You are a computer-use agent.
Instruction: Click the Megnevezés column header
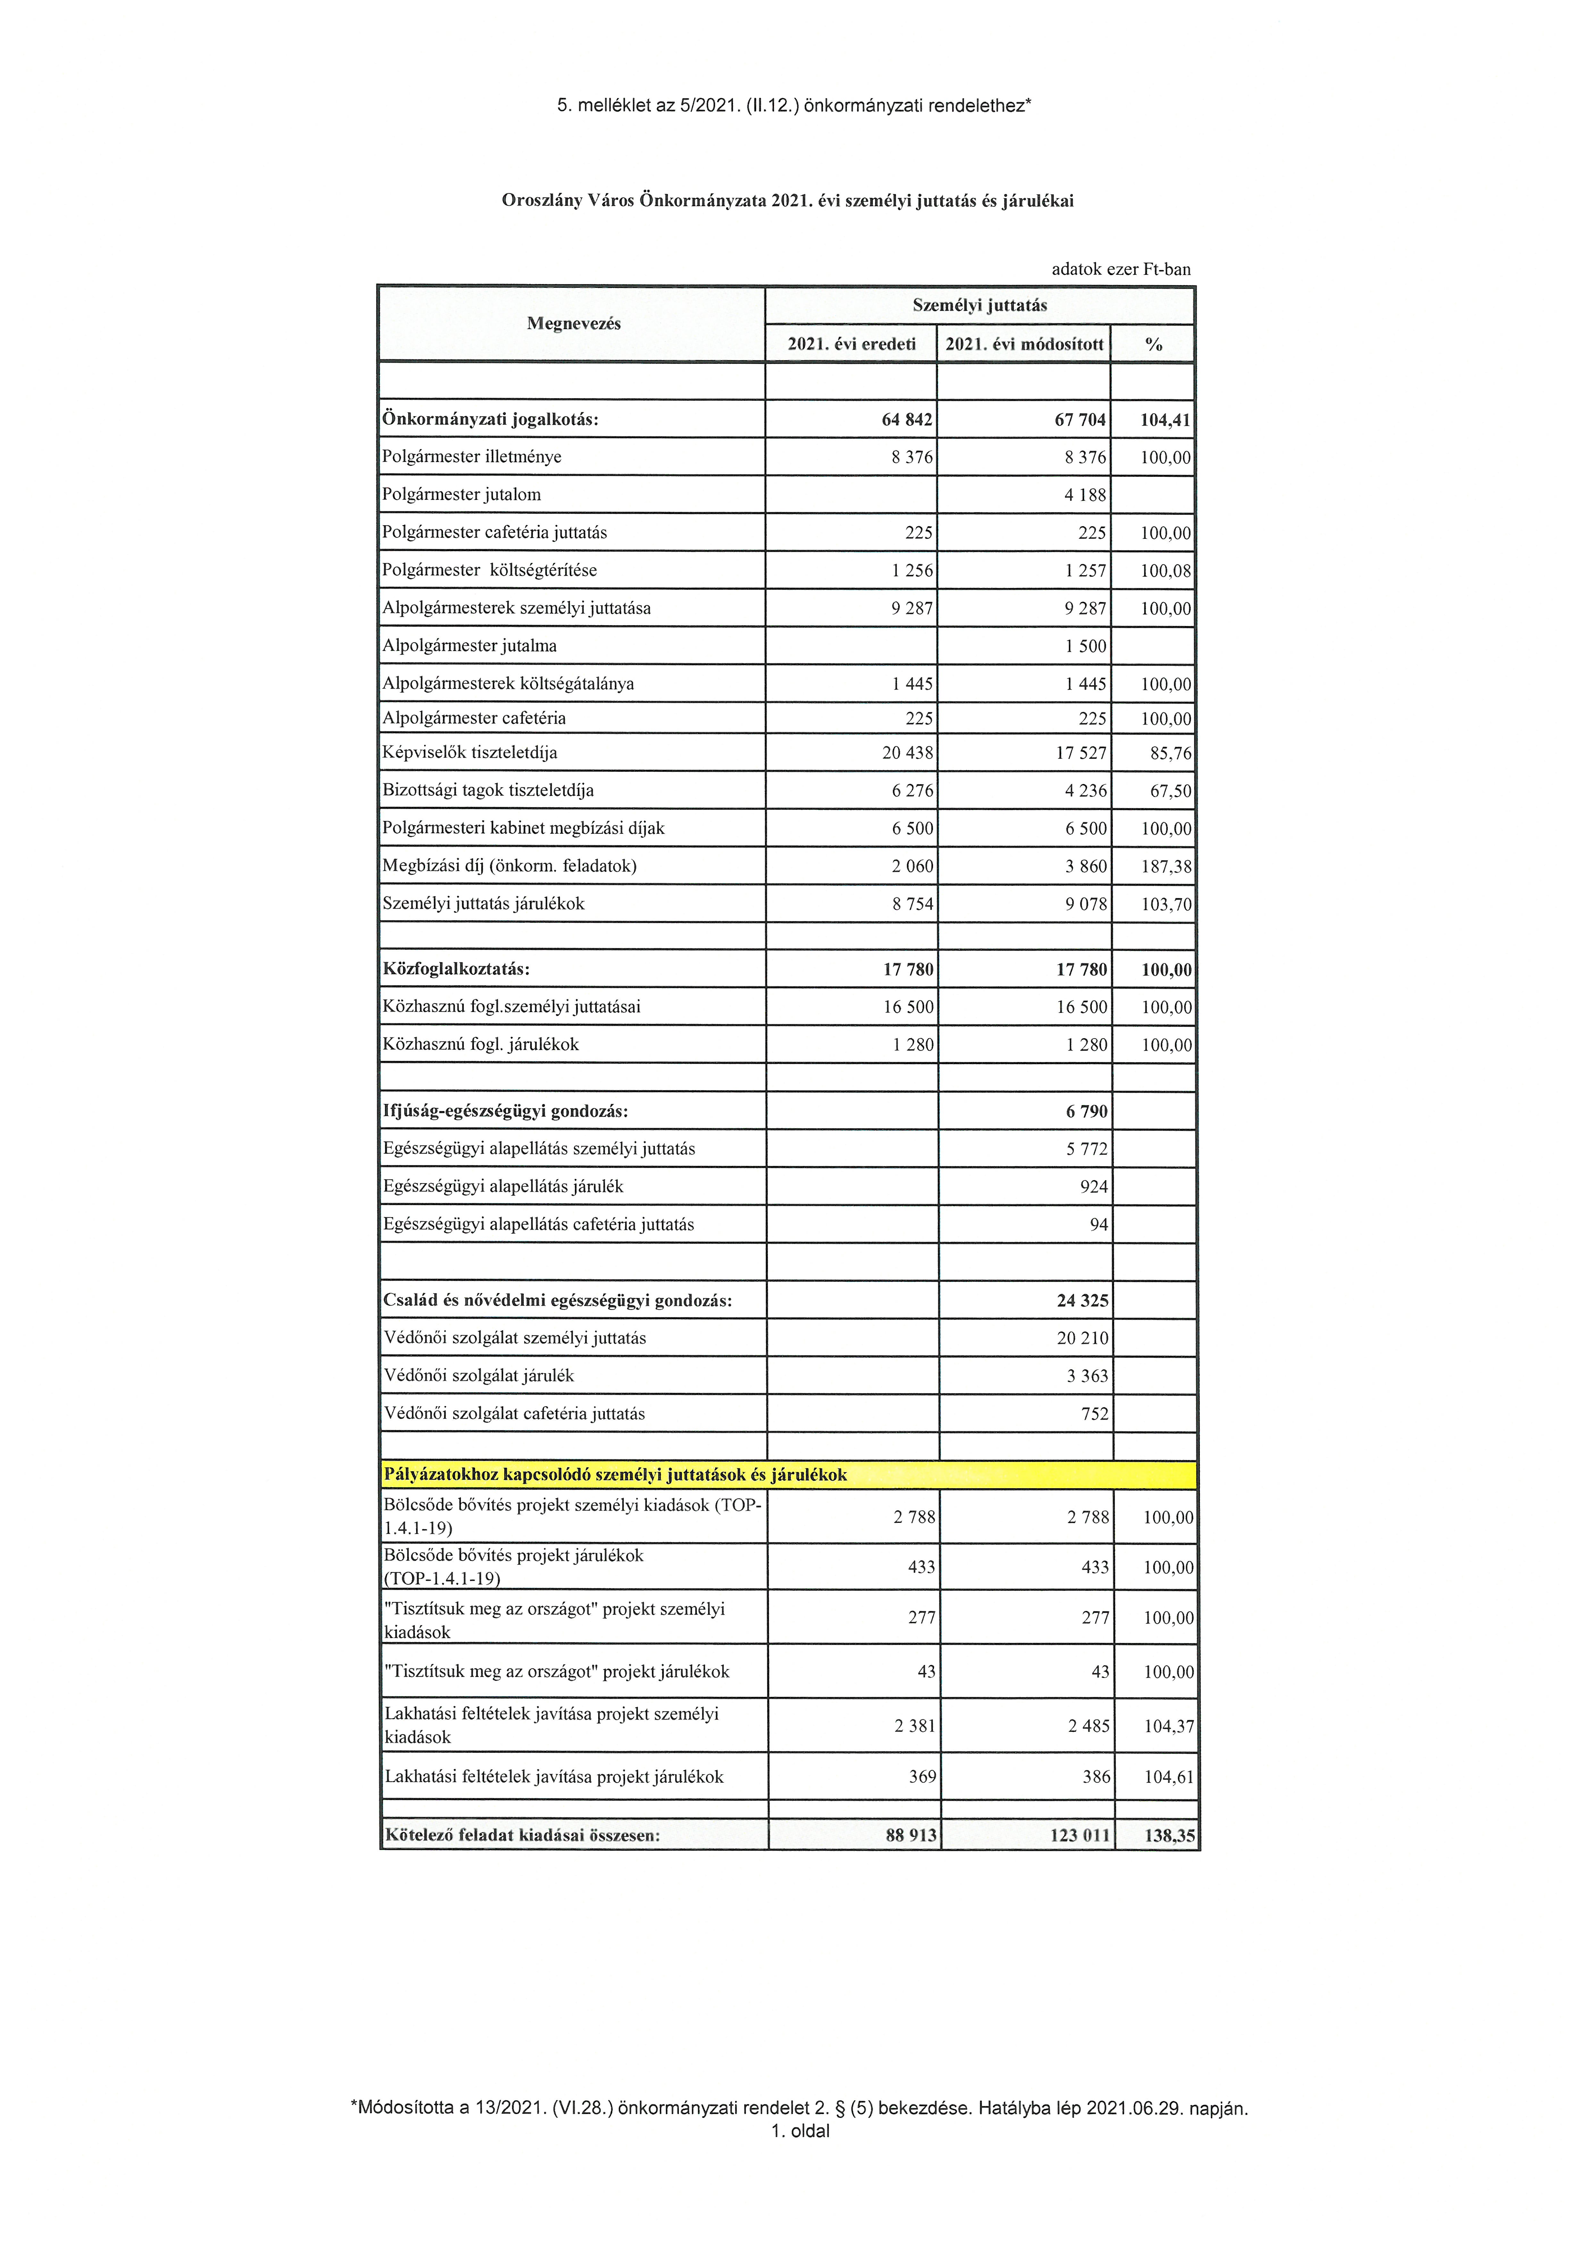coord(573,324)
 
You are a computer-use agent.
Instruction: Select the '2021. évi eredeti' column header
coord(851,344)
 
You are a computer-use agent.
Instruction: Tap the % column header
coord(1153,344)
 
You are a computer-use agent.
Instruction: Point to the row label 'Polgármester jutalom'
coord(461,495)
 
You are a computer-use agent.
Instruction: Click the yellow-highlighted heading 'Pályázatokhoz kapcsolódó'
coord(615,1474)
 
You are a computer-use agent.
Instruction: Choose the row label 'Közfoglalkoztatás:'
coord(456,970)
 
